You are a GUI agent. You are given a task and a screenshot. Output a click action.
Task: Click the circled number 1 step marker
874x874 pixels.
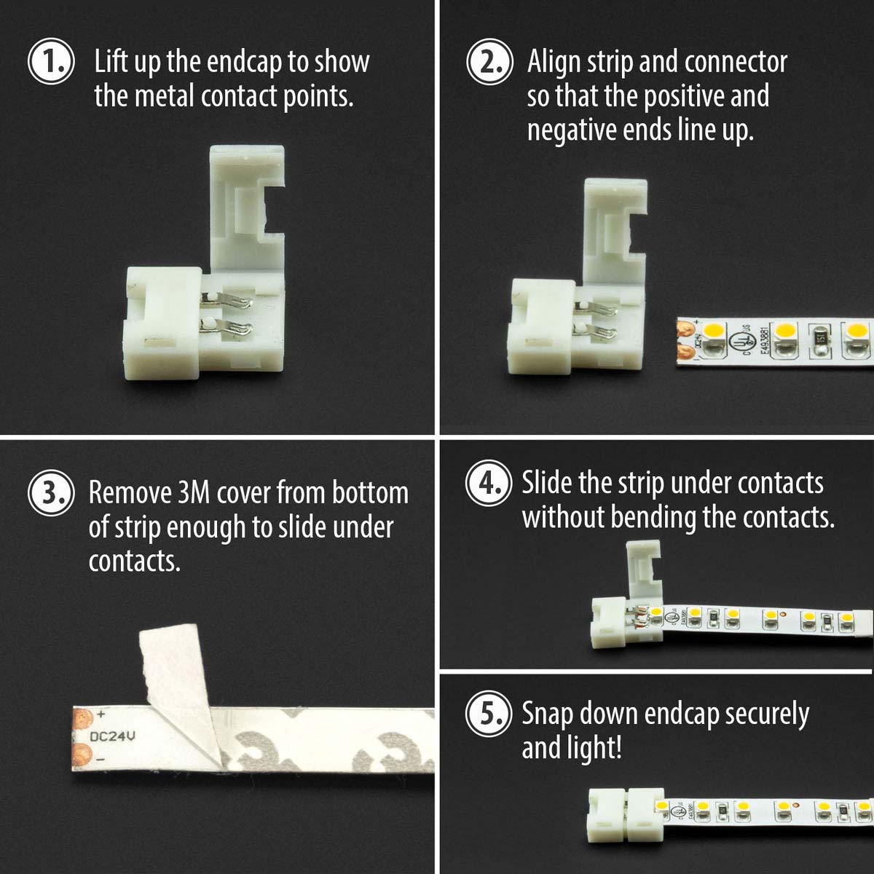pyautogui.click(x=51, y=61)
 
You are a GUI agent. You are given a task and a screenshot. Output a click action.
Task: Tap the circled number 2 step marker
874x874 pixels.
pyautogui.click(x=490, y=61)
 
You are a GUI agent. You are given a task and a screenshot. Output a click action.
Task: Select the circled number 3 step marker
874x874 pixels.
pyautogui.click(x=51, y=492)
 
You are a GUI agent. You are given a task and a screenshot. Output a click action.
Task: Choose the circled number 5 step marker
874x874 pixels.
pyautogui.click(x=489, y=713)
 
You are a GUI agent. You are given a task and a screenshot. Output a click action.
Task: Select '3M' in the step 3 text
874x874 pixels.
pyautogui.click(x=194, y=492)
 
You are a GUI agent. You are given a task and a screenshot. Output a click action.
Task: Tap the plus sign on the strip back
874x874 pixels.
pyautogui.click(x=101, y=714)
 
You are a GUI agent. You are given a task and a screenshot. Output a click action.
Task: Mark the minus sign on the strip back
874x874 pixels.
pyautogui.click(x=101, y=759)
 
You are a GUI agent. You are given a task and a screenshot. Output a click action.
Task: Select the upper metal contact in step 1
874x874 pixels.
pyautogui.click(x=226, y=300)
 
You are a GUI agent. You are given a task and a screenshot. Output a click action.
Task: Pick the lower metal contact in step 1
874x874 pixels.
pyautogui.click(x=227, y=330)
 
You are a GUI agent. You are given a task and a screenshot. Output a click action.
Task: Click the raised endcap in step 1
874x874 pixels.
pyautogui.click(x=247, y=211)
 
